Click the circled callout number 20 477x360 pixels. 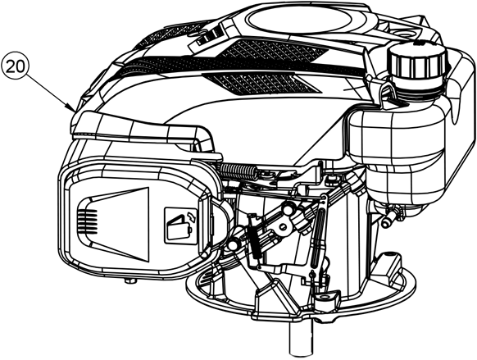tap(16, 66)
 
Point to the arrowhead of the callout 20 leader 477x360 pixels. tap(72, 110)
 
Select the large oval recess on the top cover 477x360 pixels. tap(307, 18)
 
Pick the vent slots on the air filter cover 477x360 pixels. tap(87, 221)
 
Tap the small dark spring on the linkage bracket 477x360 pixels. tap(255, 244)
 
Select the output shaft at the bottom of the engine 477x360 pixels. tap(301, 339)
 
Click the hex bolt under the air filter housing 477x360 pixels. tap(130, 280)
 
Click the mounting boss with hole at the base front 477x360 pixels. tap(327, 298)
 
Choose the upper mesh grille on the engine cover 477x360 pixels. tap(273, 52)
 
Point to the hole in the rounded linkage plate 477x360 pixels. tap(284, 226)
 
